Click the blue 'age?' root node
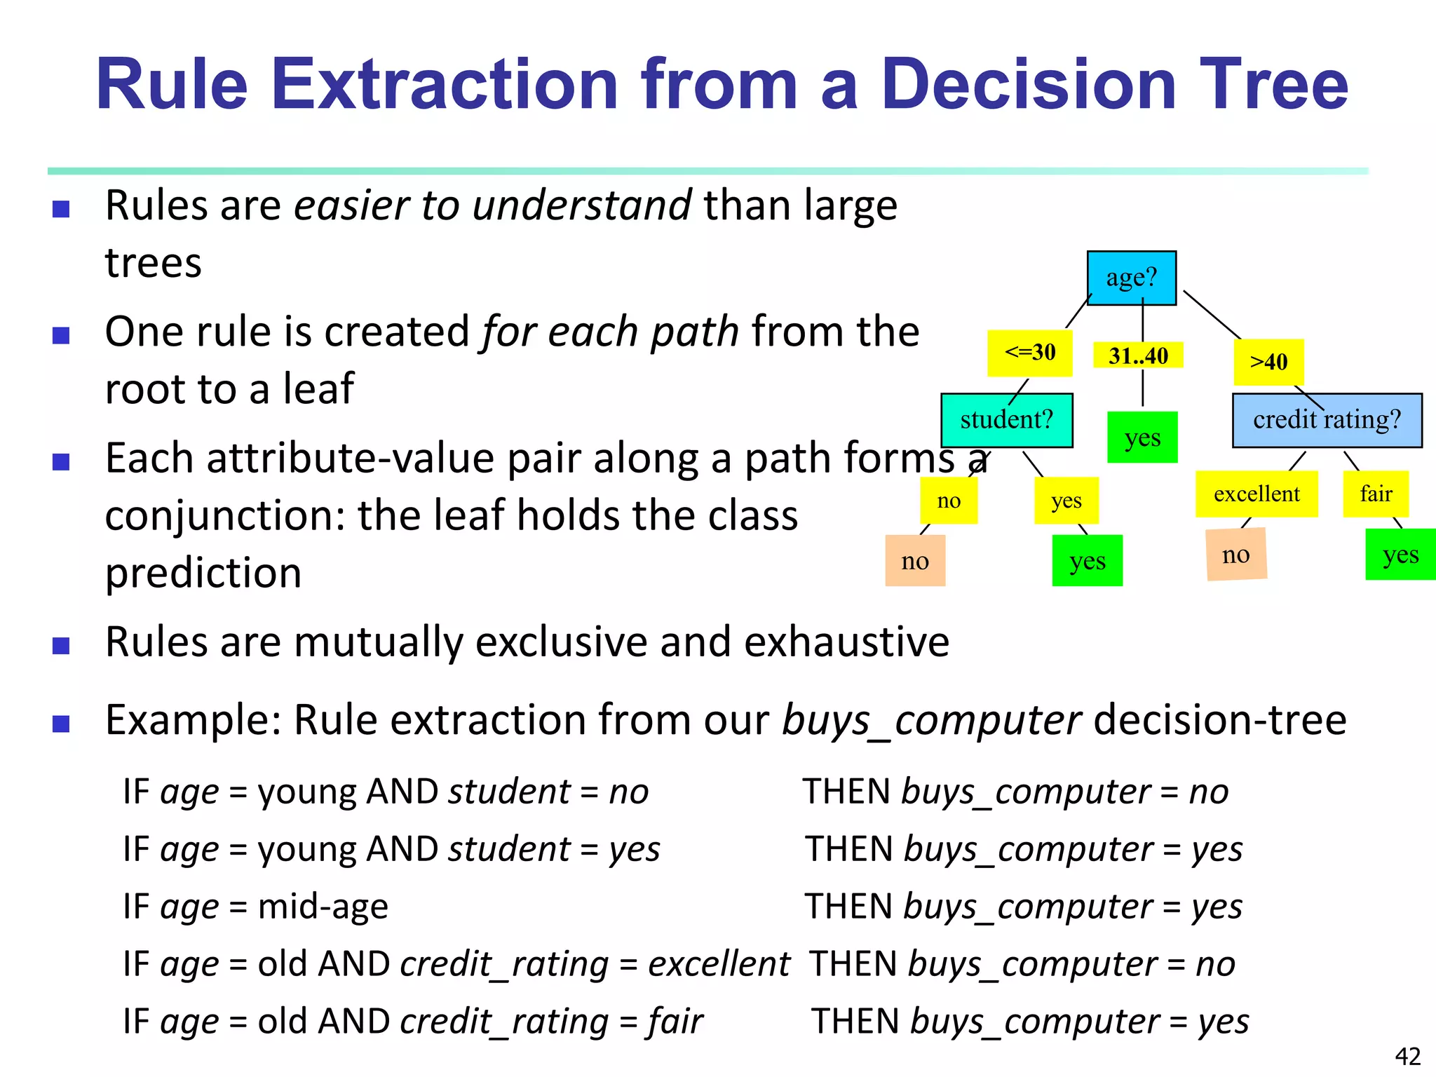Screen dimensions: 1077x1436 click(1131, 278)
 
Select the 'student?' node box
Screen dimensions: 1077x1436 click(1006, 420)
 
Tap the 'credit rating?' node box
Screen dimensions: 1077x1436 click(1327, 420)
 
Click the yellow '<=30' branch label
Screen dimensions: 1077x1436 click(1029, 353)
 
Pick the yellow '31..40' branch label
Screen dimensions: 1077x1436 click(1138, 355)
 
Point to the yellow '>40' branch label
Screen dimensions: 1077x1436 click(1268, 362)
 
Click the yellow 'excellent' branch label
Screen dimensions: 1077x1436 click(1256, 494)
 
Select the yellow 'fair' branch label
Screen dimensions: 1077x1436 click(1376, 494)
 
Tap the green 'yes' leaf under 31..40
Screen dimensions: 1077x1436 click(1142, 438)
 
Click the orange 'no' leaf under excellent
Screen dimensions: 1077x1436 click(1235, 555)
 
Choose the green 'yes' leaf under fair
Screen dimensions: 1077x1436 click(1400, 555)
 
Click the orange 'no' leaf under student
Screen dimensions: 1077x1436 click(915, 561)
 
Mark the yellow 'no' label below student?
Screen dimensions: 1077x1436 click(949, 501)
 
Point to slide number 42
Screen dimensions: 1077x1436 click(1407, 1056)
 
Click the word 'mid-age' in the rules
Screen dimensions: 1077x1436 click(323, 907)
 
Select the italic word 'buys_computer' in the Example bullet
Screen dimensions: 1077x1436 click(931, 720)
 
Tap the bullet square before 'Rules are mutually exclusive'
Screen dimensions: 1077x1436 click(61, 645)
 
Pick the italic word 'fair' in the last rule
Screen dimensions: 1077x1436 click(675, 1022)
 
